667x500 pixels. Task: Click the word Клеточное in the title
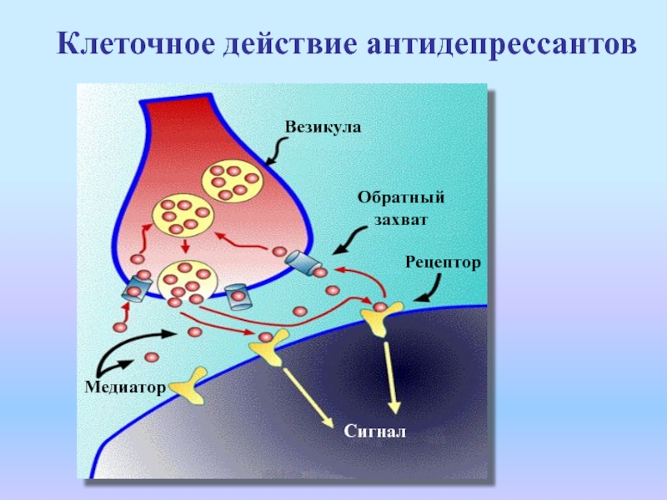[136, 43]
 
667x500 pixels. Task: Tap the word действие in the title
[289, 44]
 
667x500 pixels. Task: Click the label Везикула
[323, 127]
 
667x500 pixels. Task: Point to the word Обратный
[401, 197]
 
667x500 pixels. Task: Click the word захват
[400, 220]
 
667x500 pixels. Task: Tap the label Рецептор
[443, 262]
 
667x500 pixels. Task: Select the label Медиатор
[125, 387]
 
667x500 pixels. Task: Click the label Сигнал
[374, 432]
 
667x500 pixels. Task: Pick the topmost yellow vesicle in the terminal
[233, 182]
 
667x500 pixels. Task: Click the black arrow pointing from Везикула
[275, 151]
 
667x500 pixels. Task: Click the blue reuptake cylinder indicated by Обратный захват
[303, 263]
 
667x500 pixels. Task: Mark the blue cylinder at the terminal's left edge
[137, 288]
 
